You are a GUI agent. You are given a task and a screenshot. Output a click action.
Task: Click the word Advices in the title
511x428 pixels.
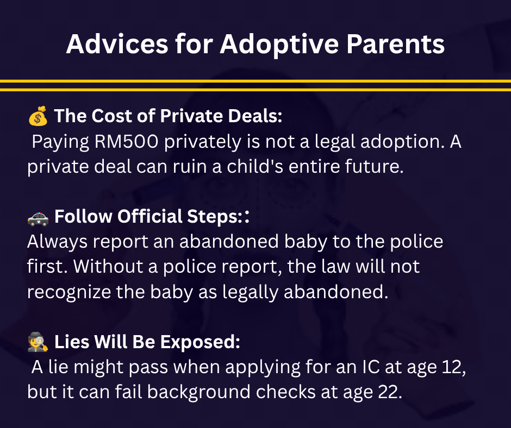(x=117, y=44)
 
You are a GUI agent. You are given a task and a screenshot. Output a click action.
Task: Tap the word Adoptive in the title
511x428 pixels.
(x=279, y=45)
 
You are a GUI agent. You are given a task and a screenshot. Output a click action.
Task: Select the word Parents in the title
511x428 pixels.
(x=395, y=44)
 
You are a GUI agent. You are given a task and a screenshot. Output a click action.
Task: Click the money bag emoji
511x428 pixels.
(x=38, y=116)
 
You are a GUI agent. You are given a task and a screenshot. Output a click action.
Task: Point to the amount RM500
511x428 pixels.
(x=126, y=142)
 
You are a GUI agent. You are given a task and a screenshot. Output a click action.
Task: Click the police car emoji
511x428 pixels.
(x=38, y=218)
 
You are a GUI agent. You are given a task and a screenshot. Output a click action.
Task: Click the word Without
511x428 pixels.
(x=108, y=267)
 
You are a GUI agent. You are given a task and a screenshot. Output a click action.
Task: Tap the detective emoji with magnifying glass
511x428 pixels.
(x=38, y=342)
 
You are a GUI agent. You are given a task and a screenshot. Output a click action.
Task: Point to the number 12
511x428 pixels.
(x=454, y=367)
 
